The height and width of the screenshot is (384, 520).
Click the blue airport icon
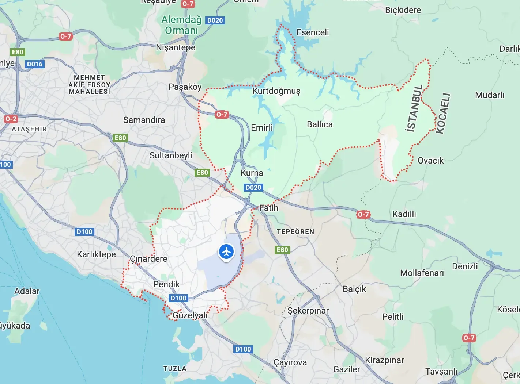tap(226, 252)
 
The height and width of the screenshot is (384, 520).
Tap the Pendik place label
tap(166, 284)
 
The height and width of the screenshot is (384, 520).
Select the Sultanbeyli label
tap(171, 155)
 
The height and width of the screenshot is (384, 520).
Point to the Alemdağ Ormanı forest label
tap(181, 25)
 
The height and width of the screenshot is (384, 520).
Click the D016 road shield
tap(35, 64)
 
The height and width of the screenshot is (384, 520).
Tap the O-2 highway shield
tap(11, 119)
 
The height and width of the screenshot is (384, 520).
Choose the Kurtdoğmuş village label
tap(276, 91)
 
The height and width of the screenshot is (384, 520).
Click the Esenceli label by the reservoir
tap(312, 32)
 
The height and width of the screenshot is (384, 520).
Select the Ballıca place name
tap(320, 124)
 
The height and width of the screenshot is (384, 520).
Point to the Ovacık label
tap(430, 161)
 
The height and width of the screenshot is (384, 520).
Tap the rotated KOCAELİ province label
tap(443, 114)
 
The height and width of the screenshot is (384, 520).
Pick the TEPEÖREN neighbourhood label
tap(295, 232)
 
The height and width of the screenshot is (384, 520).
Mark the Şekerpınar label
tap(308, 311)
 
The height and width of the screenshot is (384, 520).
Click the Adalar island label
tap(27, 291)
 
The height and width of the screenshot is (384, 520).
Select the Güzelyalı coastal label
tap(190, 315)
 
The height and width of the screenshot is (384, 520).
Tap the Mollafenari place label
tap(422, 273)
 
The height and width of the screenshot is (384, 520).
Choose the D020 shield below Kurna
tap(253, 188)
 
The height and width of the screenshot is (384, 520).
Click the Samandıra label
tap(144, 120)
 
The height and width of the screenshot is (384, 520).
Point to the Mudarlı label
tap(489, 95)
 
